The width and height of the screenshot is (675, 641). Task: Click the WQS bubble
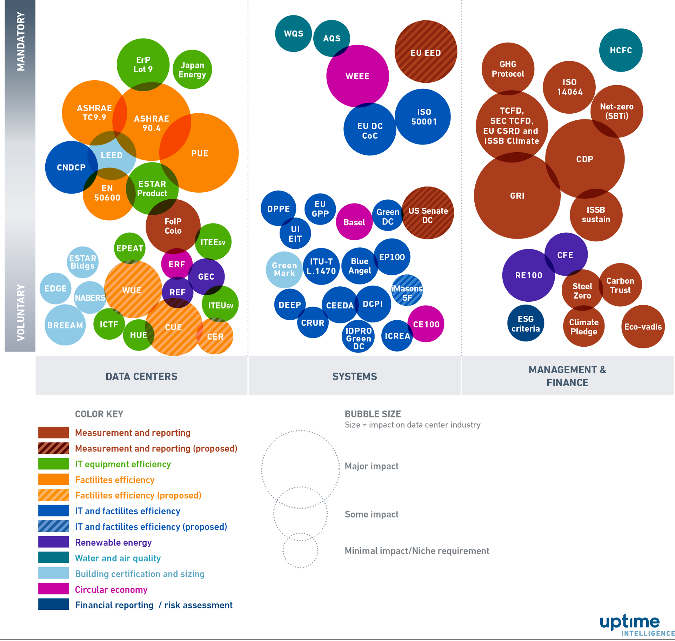[x=293, y=34]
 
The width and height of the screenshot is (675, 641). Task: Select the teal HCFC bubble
[x=620, y=50]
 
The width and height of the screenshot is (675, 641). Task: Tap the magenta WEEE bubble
[x=357, y=76]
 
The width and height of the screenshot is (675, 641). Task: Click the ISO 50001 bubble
[x=423, y=116]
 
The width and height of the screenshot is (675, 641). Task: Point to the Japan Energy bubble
[x=192, y=69]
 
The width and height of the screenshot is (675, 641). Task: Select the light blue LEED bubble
[x=112, y=155]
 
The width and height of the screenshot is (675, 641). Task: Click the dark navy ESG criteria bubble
[x=525, y=323]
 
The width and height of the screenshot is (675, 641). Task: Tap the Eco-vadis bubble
[x=642, y=326]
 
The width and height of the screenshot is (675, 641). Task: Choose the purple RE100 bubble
[x=528, y=275]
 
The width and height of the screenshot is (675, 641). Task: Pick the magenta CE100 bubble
[x=426, y=324]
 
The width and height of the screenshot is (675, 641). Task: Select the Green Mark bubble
[x=284, y=269]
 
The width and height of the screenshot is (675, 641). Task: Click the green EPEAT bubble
[x=129, y=248]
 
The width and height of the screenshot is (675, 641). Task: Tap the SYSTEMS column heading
[x=354, y=376]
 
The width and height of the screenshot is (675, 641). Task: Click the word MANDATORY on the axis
[x=21, y=41]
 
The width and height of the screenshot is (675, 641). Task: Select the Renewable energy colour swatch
[x=53, y=542]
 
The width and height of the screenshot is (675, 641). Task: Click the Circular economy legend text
[x=111, y=589]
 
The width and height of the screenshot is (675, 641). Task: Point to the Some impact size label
[x=371, y=514]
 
